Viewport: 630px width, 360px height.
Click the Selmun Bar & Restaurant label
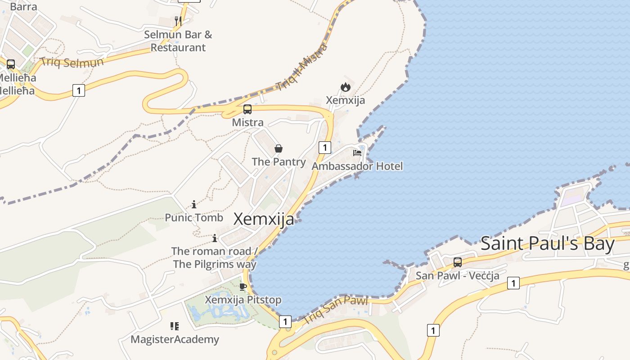(x=178, y=41)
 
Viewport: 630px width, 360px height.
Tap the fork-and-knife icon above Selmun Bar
(x=178, y=21)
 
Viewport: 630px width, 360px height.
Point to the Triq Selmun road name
(x=72, y=62)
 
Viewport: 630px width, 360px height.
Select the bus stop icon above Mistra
(x=247, y=109)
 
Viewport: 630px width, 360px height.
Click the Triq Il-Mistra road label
(x=302, y=67)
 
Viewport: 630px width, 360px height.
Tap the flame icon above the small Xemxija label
(x=345, y=87)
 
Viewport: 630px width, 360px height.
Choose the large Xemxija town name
(x=264, y=219)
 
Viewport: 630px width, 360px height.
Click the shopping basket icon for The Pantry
(x=279, y=148)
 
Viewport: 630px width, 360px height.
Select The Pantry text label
(x=279, y=162)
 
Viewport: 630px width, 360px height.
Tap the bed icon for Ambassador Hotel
(x=357, y=153)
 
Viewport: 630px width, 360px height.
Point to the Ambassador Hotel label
(x=357, y=166)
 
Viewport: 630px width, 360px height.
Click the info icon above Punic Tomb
(x=194, y=204)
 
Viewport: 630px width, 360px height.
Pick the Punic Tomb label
(x=194, y=218)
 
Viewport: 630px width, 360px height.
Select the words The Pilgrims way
(x=215, y=264)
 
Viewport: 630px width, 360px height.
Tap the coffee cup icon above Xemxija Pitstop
(x=243, y=287)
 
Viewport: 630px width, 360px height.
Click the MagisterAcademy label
(x=175, y=339)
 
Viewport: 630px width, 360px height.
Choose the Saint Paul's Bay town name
(x=547, y=243)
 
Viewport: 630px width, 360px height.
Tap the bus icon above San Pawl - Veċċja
(x=458, y=262)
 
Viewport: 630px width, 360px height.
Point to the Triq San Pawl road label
(x=335, y=310)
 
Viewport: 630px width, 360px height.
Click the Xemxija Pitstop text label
(x=243, y=300)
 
